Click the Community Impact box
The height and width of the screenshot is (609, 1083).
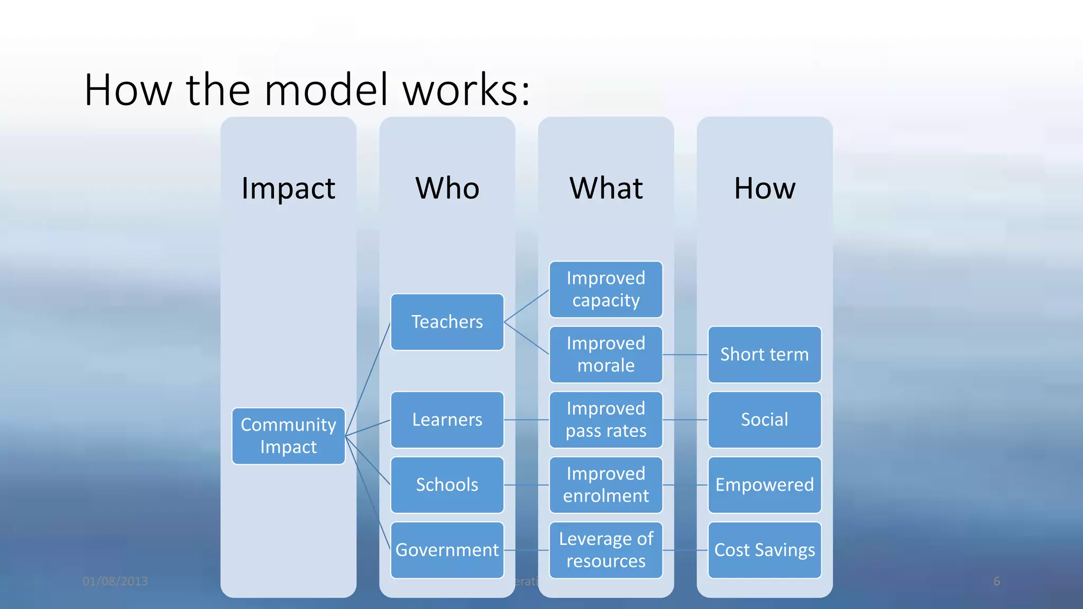point(288,436)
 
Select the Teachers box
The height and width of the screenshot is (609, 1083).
point(447,322)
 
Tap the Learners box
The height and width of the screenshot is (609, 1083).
point(447,420)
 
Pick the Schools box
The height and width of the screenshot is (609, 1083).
point(447,485)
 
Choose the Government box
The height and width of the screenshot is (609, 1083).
point(447,550)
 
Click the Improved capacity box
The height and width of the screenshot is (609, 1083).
point(605,289)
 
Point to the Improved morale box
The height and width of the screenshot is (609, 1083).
point(605,354)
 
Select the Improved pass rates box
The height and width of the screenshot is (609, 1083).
point(605,420)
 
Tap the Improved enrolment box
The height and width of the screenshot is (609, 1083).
point(605,485)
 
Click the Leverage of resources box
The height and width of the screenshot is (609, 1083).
point(605,550)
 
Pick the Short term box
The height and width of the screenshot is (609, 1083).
point(764,354)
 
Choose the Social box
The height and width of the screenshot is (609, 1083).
point(764,420)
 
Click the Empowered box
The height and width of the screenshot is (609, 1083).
point(764,485)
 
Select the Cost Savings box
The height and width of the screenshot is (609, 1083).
point(764,550)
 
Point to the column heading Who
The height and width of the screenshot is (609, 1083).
point(447,188)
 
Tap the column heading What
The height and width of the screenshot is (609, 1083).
point(606,188)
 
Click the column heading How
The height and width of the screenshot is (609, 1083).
point(765,188)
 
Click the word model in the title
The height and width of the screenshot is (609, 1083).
point(327,90)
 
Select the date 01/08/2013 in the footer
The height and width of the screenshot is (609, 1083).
point(115,581)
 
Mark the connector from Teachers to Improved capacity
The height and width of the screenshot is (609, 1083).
point(527,306)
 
